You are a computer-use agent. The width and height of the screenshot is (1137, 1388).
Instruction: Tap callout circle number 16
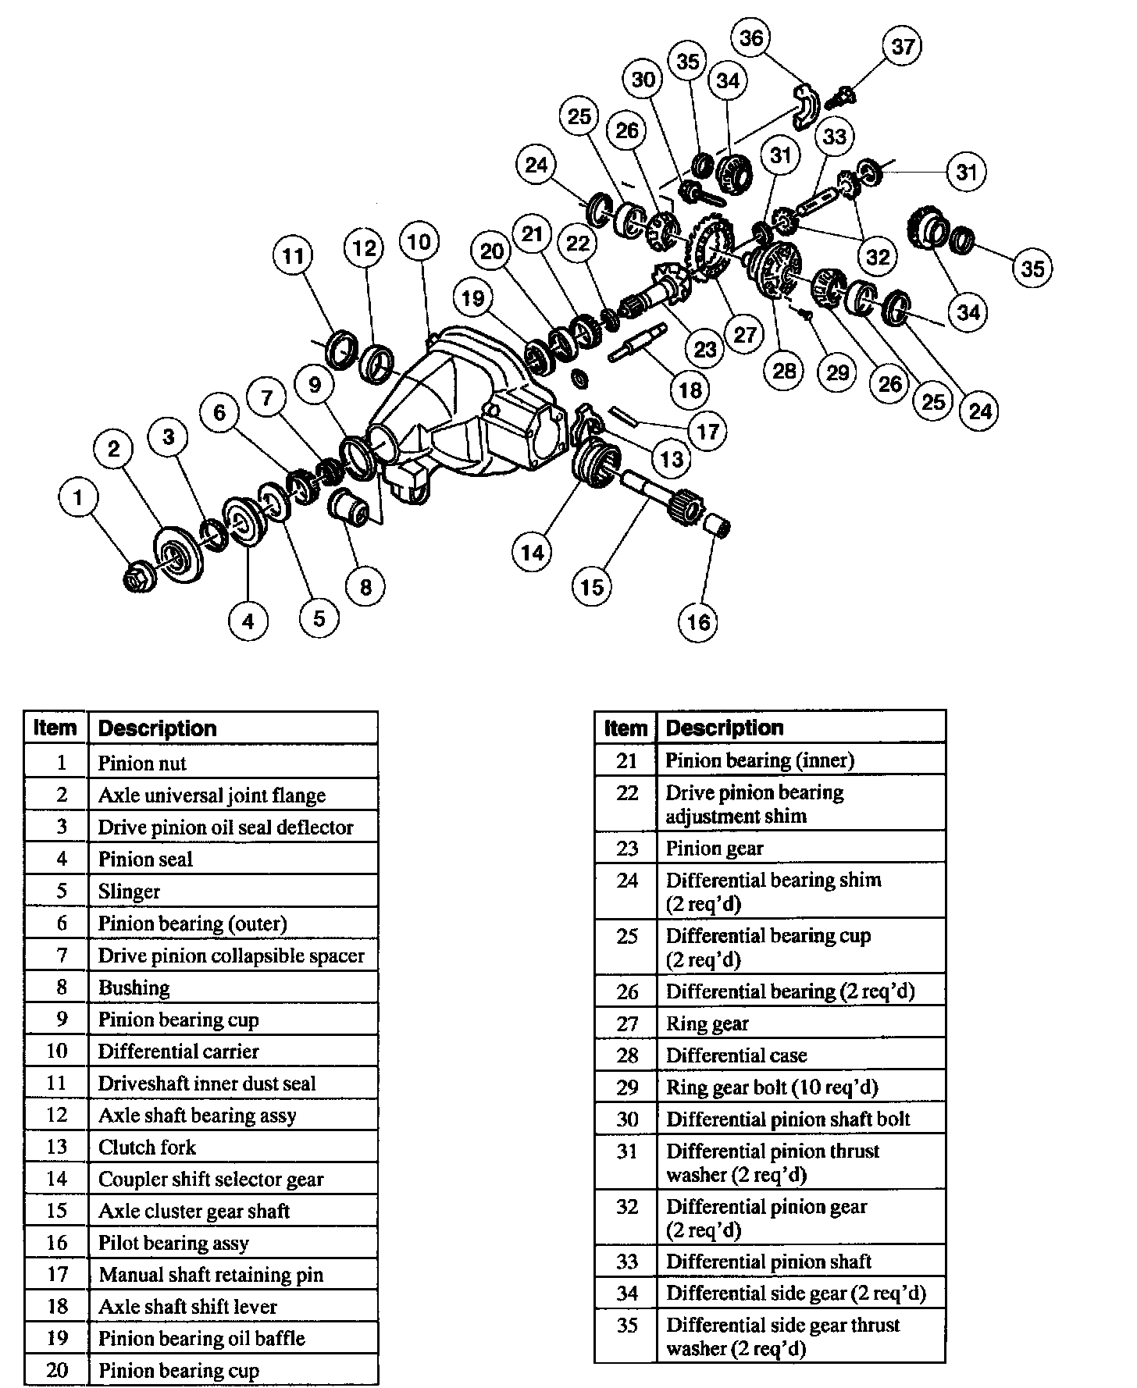pyautogui.click(x=699, y=622)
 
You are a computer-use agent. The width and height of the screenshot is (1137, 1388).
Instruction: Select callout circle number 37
pyautogui.click(x=903, y=47)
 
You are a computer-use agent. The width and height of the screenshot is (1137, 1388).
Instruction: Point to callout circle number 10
pyautogui.click(x=419, y=241)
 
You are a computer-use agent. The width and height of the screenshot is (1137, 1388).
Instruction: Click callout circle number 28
pyautogui.click(x=784, y=370)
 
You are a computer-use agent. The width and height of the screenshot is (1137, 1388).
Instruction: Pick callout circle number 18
pyautogui.click(x=690, y=389)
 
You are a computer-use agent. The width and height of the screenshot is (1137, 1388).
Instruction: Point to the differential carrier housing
pyautogui.click(x=469, y=406)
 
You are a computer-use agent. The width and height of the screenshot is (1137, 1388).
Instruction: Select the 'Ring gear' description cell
pyautogui.click(x=708, y=1023)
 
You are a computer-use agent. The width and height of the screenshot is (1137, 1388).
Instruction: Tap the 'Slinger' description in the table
pyautogui.click(x=129, y=892)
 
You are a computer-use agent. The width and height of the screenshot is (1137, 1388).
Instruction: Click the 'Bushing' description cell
pyautogui.click(x=134, y=988)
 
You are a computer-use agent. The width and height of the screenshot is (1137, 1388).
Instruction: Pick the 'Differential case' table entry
pyautogui.click(x=736, y=1055)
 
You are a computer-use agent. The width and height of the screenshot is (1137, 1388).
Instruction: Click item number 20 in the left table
pyautogui.click(x=57, y=1370)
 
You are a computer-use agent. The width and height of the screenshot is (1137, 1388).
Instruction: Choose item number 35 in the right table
pyautogui.click(x=627, y=1326)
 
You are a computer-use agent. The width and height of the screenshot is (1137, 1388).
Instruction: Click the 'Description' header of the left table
pyautogui.click(x=157, y=728)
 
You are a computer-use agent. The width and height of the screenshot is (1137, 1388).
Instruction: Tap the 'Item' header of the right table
pyautogui.click(x=626, y=728)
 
